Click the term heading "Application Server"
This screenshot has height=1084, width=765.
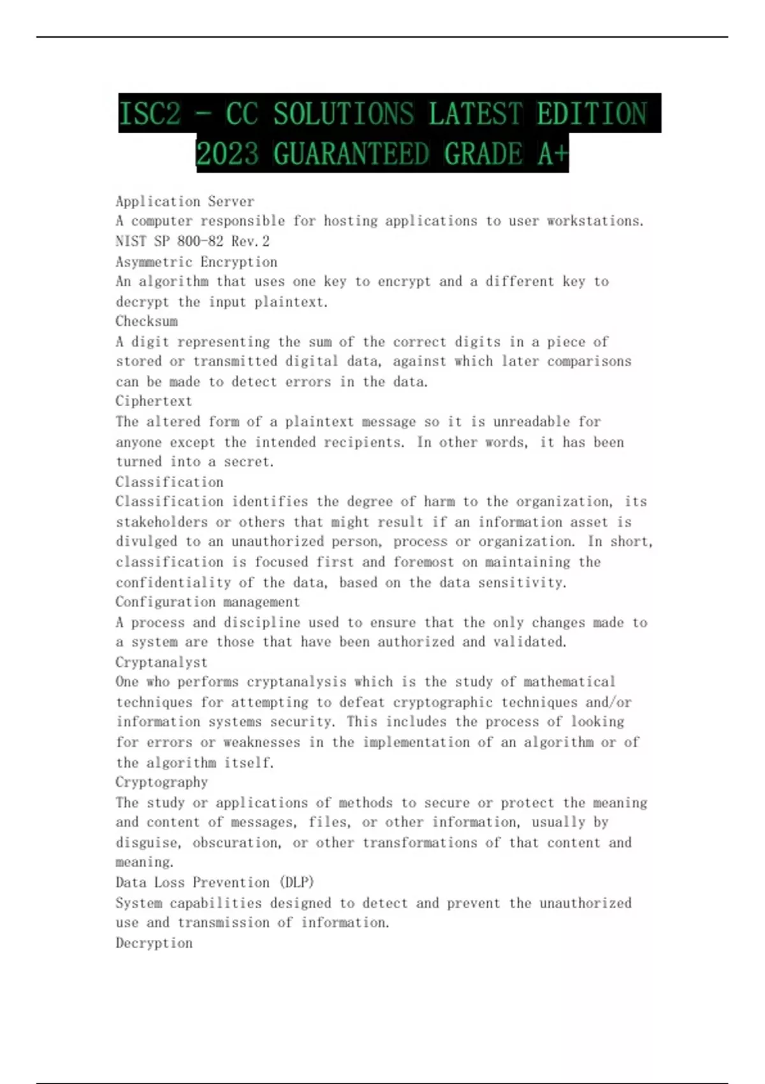click(185, 201)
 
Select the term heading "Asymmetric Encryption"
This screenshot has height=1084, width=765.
click(196, 262)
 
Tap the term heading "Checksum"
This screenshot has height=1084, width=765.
click(147, 321)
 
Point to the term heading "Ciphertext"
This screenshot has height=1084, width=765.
click(154, 401)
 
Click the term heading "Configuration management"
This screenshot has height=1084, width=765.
click(207, 602)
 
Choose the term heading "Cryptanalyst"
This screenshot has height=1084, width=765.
click(161, 662)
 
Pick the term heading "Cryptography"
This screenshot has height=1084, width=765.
click(161, 782)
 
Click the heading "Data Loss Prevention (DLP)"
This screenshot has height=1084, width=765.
click(215, 883)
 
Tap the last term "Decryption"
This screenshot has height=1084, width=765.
click(154, 943)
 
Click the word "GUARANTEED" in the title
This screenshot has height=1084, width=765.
click(351, 154)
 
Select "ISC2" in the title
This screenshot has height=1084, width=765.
click(150, 114)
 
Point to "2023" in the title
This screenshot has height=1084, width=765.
click(228, 154)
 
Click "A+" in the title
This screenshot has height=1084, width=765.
click(551, 154)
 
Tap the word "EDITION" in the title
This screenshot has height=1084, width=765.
click(592, 114)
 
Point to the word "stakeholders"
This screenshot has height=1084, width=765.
click(162, 522)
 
